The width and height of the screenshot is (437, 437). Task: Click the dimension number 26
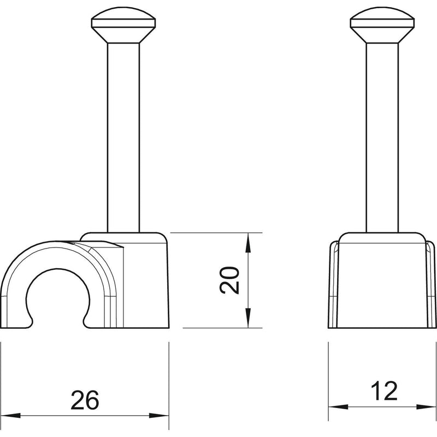85,400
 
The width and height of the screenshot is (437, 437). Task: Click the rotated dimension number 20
229,280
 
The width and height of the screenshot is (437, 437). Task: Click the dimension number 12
384,391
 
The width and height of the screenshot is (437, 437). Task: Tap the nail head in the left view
123,25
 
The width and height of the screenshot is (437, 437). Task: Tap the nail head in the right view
382,25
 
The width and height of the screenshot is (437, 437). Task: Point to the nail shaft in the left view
123,138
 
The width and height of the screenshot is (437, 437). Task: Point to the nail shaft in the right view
382,138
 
